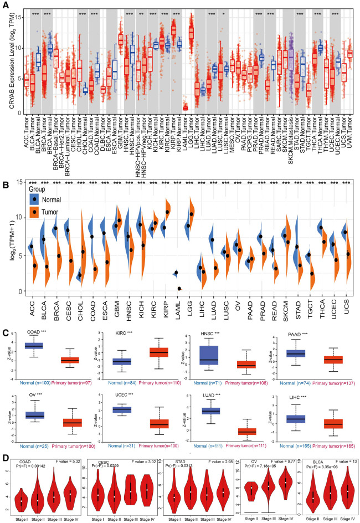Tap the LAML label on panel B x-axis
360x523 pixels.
[176, 312]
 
